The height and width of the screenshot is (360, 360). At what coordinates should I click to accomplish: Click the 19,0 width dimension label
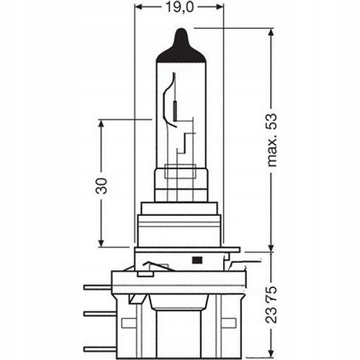click(x=179, y=8)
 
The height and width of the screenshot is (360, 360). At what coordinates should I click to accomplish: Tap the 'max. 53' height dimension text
click(x=272, y=140)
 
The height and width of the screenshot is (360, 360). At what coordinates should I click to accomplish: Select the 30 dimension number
click(x=101, y=186)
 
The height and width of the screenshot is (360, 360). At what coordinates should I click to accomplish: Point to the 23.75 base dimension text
click(x=271, y=305)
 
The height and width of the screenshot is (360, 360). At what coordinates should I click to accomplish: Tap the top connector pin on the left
click(x=97, y=287)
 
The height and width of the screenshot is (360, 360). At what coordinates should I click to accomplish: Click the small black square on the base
click(x=197, y=260)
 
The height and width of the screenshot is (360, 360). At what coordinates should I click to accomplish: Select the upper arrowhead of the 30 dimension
click(x=101, y=125)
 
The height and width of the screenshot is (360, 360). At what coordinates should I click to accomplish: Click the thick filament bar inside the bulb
click(x=175, y=111)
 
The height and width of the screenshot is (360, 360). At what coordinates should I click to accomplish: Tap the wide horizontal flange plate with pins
click(x=179, y=282)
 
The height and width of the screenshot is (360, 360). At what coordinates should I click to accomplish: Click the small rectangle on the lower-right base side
click(x=228, y=323)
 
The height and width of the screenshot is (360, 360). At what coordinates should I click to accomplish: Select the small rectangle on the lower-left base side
click(x=129, y=323)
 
